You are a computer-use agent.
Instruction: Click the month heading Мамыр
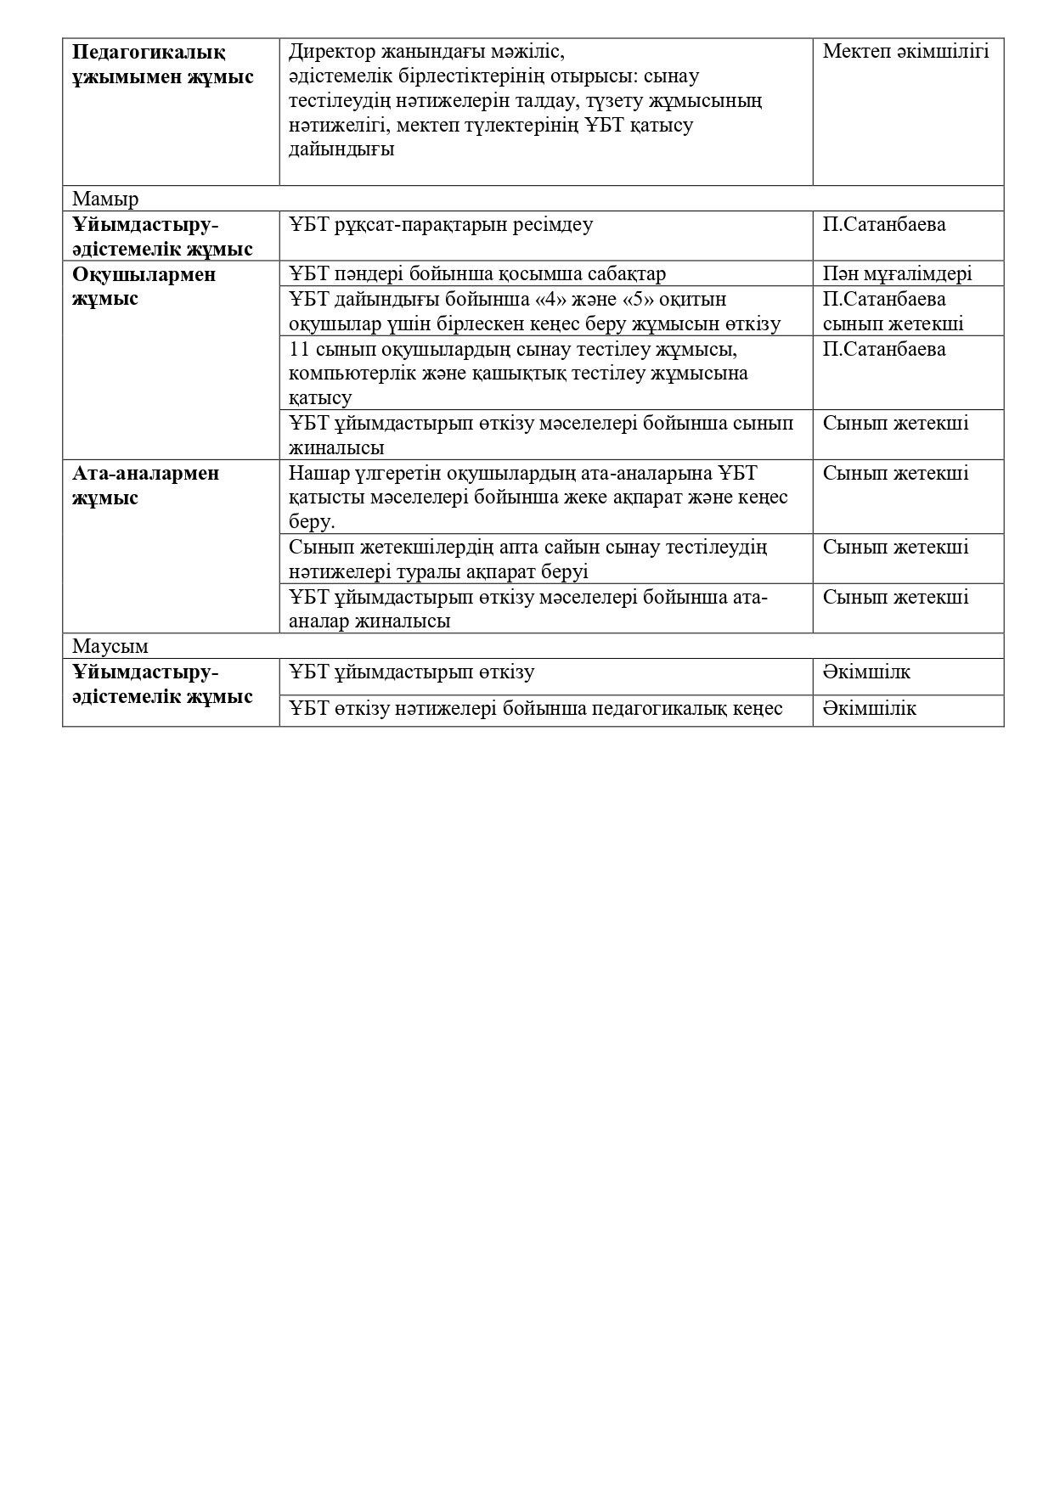[105, 200]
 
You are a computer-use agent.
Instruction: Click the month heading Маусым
[110, 647]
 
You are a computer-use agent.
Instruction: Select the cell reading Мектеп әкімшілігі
[905, 52]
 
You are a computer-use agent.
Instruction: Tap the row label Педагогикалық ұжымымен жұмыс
[162, 65]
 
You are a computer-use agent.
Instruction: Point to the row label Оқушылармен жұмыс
[144, 287]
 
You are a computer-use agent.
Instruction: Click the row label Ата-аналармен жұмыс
[145, 486]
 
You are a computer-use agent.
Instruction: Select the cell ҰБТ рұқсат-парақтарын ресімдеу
[440, 225]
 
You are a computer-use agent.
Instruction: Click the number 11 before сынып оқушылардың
[299, 350]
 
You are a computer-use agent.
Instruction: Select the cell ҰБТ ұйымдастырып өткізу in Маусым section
[411, 672]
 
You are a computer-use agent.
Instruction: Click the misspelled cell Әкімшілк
[866, 672]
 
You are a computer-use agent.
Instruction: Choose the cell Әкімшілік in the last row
[869, 709]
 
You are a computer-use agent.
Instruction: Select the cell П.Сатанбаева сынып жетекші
[892, 312]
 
